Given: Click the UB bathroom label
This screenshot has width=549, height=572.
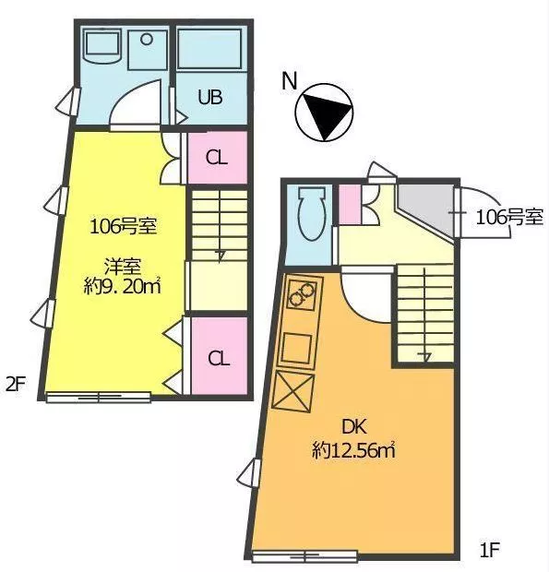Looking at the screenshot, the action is point(210,97).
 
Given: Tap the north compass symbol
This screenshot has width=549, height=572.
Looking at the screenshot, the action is point(324,113).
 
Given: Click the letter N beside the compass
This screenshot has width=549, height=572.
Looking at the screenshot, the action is point(290,81).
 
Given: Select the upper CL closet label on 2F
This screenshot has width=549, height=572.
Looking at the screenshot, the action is point(217,158).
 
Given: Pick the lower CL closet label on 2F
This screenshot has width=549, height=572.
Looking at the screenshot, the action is point(219,359).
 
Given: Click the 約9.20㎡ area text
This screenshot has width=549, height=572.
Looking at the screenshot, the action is point(122,286).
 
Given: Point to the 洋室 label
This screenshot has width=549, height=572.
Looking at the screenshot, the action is point(123,267).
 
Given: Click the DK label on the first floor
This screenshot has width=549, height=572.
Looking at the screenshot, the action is point(353,426).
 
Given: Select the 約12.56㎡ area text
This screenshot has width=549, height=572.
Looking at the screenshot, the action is point(353,450).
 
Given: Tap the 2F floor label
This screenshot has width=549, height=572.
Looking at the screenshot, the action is point(16,384).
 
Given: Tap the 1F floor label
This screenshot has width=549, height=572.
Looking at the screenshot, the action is point(489,549).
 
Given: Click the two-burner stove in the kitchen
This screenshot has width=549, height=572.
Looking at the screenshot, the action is point(302,294).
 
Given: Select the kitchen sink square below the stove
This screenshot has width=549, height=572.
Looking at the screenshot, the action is point(297,347).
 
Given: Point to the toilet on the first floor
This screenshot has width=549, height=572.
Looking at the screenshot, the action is point(311,214).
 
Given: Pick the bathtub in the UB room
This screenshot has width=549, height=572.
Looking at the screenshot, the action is point(209,49).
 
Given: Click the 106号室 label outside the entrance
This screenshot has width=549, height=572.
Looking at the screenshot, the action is point(509,218).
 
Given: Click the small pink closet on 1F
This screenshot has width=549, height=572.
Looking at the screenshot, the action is point(351,204).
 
